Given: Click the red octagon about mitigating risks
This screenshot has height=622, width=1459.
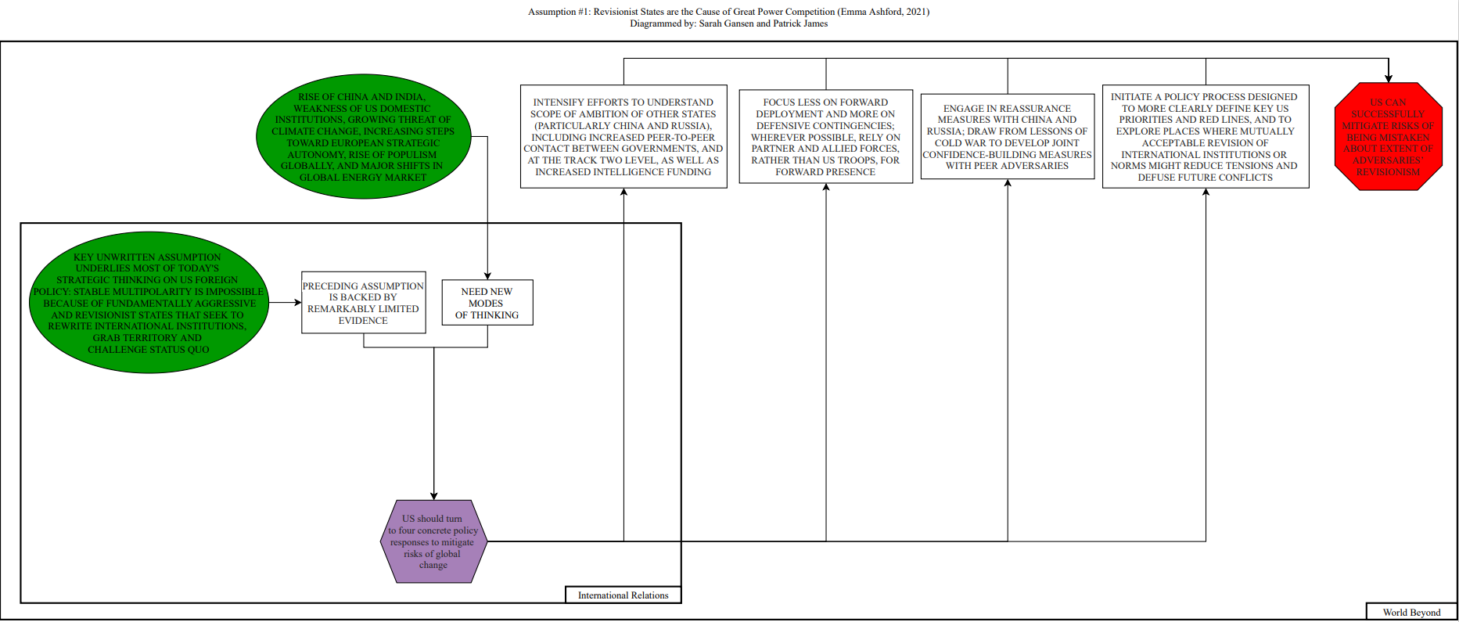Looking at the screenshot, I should (x=1388, y=137).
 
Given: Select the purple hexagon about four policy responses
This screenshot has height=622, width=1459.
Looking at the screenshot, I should (x=433, y=541).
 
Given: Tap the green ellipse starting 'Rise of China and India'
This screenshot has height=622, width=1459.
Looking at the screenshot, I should (x=363, y=138).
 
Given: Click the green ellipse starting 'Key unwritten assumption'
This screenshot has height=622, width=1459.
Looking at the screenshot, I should (x=148, y=303).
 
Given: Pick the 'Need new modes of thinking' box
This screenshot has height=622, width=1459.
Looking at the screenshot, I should (x=487, y=303).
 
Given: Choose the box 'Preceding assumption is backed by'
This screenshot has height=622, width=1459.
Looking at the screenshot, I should (x=363, y=303).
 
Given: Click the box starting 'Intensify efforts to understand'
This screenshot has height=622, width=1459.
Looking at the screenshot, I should (x=623, y=137).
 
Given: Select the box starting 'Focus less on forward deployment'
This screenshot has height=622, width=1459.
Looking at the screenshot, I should (x=825, y=137).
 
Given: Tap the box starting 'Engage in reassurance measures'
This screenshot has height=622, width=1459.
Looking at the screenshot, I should (x=1007, y=137).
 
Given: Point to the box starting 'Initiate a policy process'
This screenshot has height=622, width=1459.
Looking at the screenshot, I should (x=1205, y=137).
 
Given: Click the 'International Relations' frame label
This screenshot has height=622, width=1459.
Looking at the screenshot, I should (x=623, y=595).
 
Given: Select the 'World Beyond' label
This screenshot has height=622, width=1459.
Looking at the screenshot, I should (x=1411, y=613).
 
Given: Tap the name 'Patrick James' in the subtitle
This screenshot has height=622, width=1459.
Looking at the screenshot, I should (x=800, y=23).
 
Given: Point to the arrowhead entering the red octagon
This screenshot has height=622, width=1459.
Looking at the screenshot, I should (x=1389, y=78).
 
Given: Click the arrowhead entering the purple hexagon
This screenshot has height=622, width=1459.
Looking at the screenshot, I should (x=434, y=495).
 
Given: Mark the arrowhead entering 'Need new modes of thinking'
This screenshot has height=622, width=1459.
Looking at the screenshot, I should (x=487, y=275).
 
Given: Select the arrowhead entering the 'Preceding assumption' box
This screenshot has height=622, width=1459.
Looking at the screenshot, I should (x=297, y=303).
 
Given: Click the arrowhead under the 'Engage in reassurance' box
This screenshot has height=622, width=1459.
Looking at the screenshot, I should (x=1008, y=184).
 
